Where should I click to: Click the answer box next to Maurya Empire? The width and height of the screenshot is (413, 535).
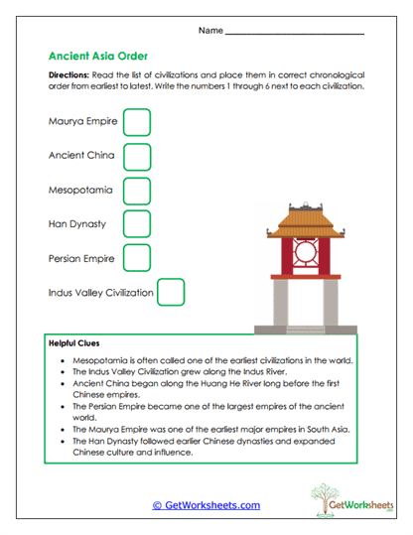coord(137,123)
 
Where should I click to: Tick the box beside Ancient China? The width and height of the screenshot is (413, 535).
coord(137,157)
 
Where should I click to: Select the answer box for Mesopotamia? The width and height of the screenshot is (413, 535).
coord(137,191)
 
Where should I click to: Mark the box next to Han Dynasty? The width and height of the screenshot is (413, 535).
coord(137,224)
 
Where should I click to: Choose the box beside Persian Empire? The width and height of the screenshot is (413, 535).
coord(137,258)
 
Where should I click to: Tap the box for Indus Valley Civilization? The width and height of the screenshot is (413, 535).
coord(172,293)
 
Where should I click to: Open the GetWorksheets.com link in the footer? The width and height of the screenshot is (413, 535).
coord(206,505)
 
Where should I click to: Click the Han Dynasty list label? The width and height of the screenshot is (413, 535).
coord(77,224)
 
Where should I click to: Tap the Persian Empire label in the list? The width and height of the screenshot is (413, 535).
coord(81,258)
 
